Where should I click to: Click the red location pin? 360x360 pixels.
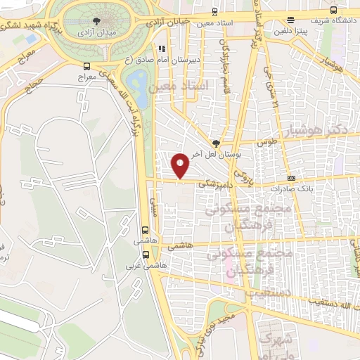coord(181,165)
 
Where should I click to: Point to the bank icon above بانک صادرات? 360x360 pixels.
coord(291,178)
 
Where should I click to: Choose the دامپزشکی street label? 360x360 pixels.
coord(208,184)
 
